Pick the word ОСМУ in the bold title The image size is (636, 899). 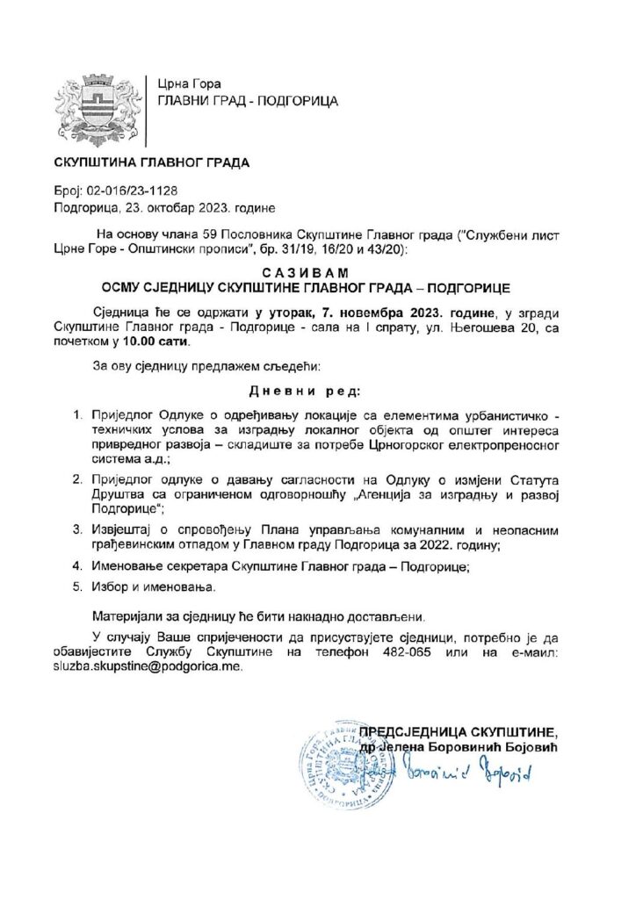pyautogui.click(x=126, y=287)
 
